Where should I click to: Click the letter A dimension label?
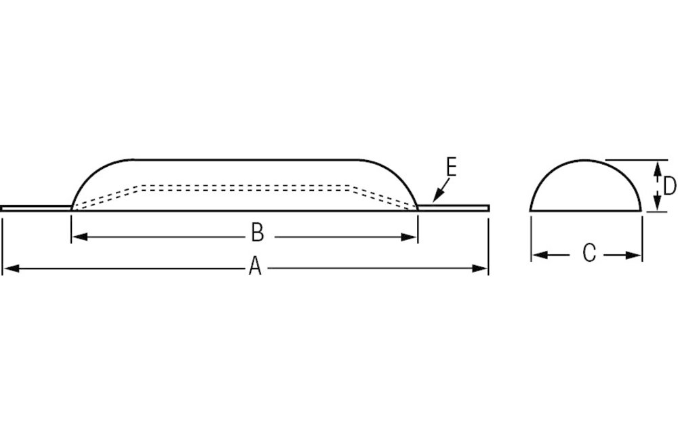pyautogui.click(x=255, y=267)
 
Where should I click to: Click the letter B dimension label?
pyautogui.click(x=257, y=233)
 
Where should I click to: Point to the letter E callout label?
pyautogui.click(x=451, y=167)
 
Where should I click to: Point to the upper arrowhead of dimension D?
pyautogui.click(x=656, y=166)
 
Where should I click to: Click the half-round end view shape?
pyautogui.click(x=585, y=190)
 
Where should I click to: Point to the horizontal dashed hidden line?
pyautogui.click(x=244, y=185)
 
